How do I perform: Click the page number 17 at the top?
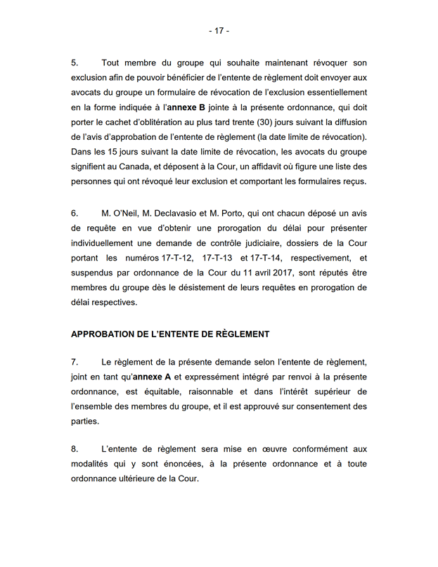(x=219, y=31)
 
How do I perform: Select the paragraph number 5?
(x=75, y=63)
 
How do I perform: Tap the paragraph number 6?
(x=75, y=211)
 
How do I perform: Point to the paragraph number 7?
(x=75, y=362)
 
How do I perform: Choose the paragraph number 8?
(x=75, y=449)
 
